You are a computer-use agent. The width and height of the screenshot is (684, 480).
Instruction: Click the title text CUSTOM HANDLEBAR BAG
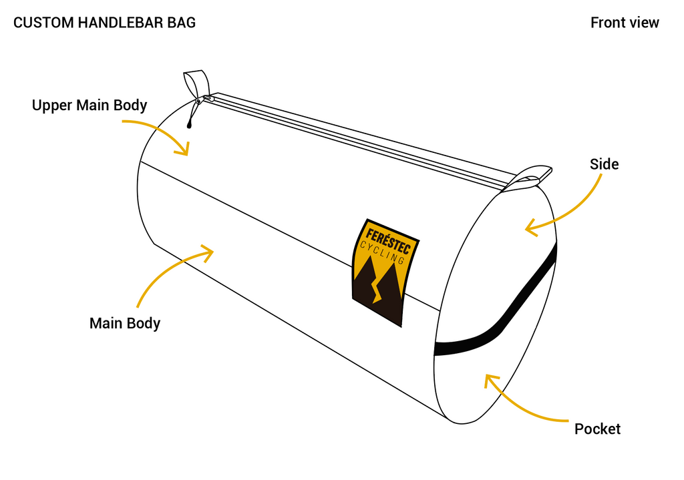click(104, 23)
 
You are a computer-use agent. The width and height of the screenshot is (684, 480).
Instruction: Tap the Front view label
click(625, 23)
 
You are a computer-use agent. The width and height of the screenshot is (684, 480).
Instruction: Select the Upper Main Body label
click(90, 105)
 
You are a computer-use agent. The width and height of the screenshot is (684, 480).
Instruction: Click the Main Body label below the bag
click(125, 324)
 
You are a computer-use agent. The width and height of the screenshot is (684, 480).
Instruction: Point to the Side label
click(604, 164)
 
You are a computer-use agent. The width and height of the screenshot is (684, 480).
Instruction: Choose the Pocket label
click(597, 429)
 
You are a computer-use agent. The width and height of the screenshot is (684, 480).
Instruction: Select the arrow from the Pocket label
click(519, 405)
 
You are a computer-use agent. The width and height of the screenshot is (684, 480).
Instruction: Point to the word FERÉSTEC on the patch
click(388, 240)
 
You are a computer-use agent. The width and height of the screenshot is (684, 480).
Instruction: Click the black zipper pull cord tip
click(189, 126)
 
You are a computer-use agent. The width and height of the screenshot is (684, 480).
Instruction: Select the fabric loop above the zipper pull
click(196, 83)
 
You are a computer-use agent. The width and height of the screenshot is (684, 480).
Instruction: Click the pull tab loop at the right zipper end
click(529, 176)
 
